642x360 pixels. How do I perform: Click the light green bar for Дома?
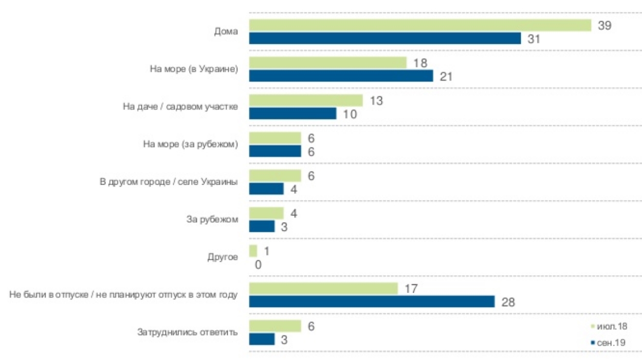tap(420, 25)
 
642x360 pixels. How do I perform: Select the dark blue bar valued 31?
tap(385, 39)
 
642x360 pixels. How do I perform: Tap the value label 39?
tap(604, 25)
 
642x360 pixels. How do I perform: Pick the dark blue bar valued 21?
tap(341, 76)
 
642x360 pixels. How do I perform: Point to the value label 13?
tap(375, 100)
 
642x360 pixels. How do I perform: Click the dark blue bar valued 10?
tap(292, 114)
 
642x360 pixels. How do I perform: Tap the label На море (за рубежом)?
tap(190, 145)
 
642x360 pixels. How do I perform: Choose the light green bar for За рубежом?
tap(266, 213)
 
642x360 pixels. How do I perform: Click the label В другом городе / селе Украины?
tap(169, 182)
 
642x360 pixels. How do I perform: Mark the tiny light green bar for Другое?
tap(253, 251)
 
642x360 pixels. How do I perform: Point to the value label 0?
tap(258, 264)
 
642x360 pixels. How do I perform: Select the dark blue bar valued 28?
tap(372, 302)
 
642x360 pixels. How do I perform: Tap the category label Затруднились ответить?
tap(188, 332)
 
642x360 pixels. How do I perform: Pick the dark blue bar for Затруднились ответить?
tap(262, 339)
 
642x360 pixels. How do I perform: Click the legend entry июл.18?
tap(612, 326)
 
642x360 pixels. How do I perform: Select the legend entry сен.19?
tap(612, 342)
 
